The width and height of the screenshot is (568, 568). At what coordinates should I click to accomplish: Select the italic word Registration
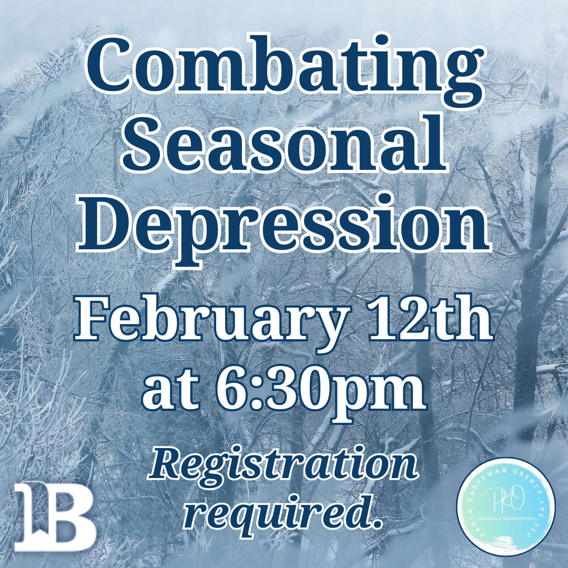[284, 465]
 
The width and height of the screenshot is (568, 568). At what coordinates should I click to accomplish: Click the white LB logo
[55, 515]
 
